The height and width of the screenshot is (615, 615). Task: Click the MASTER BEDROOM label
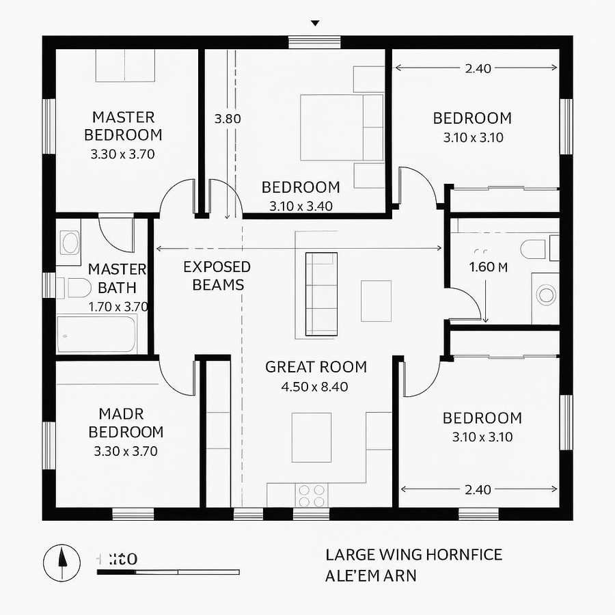point(123,126)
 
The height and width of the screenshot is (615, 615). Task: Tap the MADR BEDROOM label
point(126,423)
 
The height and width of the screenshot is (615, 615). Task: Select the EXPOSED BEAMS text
point(217,275)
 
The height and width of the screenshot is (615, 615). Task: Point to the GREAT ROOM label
point(316,367)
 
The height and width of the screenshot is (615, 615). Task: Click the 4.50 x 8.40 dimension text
point(314,387)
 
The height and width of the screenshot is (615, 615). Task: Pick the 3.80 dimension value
point(228,118)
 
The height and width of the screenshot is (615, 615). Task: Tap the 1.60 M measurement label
point(488,267)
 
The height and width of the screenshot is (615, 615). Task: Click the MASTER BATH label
point(117,278)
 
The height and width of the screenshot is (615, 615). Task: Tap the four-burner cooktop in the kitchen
point(312,495)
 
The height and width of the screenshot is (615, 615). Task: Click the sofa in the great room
point(321,294)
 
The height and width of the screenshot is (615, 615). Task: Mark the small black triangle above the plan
point(314,23)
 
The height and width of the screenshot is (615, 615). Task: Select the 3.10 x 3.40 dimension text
point(301,206)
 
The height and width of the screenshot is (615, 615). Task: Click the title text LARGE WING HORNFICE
point(413,554)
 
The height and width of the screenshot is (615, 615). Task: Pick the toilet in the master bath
point(77,288)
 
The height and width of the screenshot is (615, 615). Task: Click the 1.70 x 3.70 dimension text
point(118,307)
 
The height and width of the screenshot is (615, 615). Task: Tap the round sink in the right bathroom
point(547,295)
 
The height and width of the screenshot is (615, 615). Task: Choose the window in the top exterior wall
point(305,42)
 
